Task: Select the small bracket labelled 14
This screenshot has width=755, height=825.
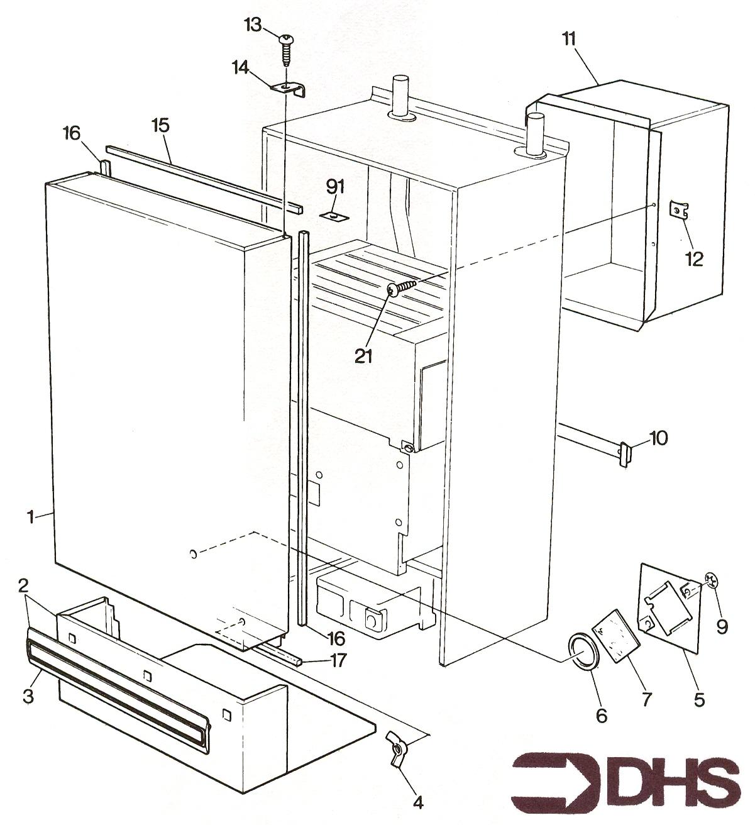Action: (x=289, y=88)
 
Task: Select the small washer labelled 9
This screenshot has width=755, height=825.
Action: (x=711, y=582)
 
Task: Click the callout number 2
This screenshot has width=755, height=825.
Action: (x=23, y=586)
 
